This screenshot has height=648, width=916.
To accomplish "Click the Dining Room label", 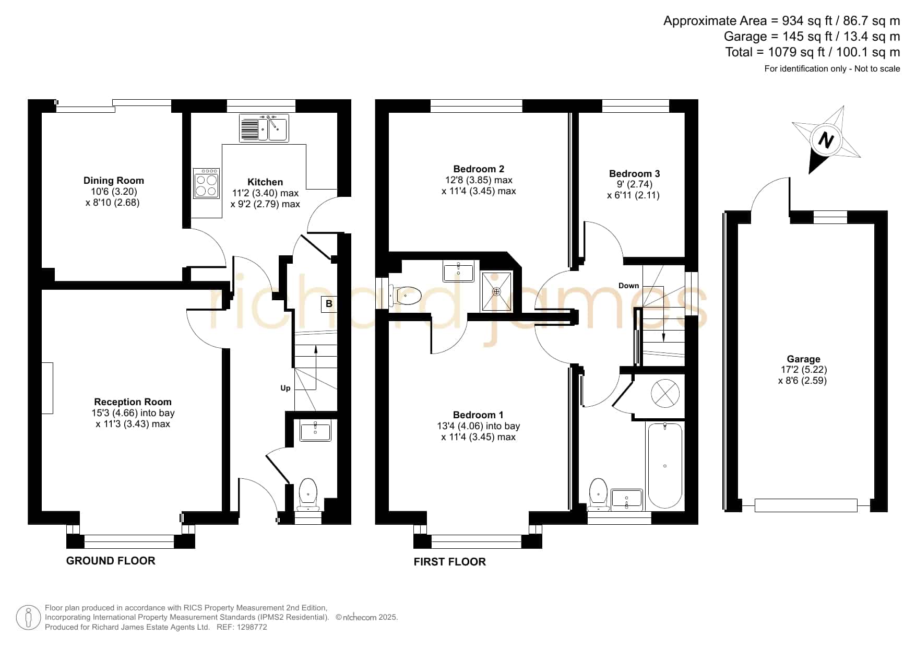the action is click(x=114, y=181).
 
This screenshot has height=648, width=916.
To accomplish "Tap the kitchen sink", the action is click(x=264, y=128).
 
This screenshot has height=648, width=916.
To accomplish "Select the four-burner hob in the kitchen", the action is click(x=206, y=183).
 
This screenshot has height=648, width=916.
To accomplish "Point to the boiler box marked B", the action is click(x=329, y=304).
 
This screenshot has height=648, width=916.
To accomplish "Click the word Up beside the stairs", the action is click(x=285, y=388).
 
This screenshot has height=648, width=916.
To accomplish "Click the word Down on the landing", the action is click(x=628, y=286).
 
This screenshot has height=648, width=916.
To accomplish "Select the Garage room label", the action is click(x=803, y=359).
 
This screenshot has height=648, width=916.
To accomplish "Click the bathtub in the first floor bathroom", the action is click(x=664, y=466).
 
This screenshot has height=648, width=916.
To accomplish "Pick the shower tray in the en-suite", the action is click(x=496, y=291).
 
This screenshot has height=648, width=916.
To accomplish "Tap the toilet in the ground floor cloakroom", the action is click(x=308, y=494).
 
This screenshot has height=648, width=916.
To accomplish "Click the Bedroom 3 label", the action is click(x=634, y=174).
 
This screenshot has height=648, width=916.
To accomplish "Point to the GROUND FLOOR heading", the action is click(x=111, y=561).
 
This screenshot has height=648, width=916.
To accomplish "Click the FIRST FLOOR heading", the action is click(x=450, y=562).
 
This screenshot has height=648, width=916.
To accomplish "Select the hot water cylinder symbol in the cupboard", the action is click(x=665, y=393).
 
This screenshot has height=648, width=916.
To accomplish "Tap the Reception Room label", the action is click(x=133, y=402).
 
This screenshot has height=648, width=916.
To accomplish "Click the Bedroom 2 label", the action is click(x=479, y=169).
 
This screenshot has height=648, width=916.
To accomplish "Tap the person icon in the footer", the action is click(x=28, y=618).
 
